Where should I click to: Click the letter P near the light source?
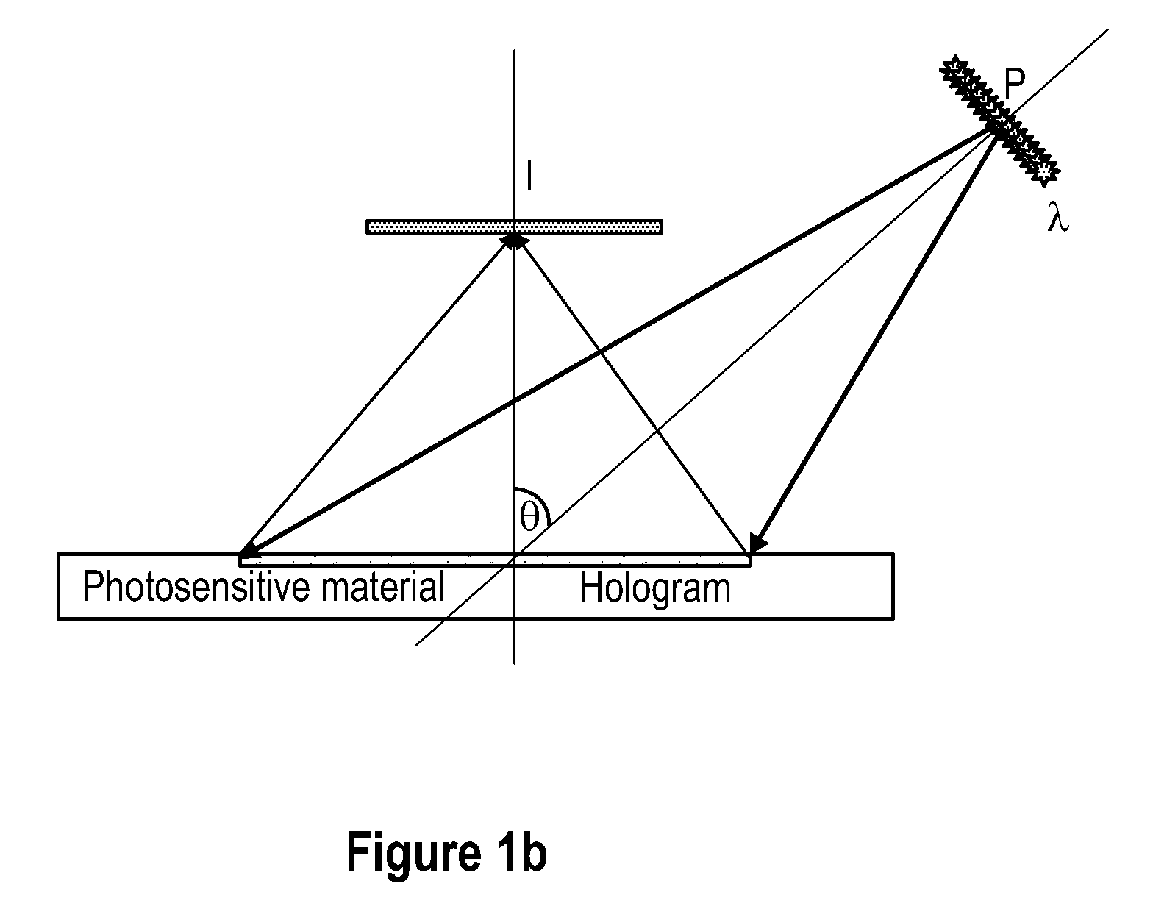coord(1014,84)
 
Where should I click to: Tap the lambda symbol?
coord(1057,217)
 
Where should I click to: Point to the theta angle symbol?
coord(529,518)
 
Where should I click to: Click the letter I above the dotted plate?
coord(529,175)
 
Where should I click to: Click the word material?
coord(382,587)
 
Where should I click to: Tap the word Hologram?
coord(654,589)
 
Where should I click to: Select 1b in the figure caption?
coord(520,852)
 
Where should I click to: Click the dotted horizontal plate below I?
coord(514,227)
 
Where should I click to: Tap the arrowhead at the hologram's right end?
coord(757,543)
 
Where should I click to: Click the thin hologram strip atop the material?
coord(495,560)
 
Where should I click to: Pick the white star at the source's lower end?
coord(1044,171)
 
